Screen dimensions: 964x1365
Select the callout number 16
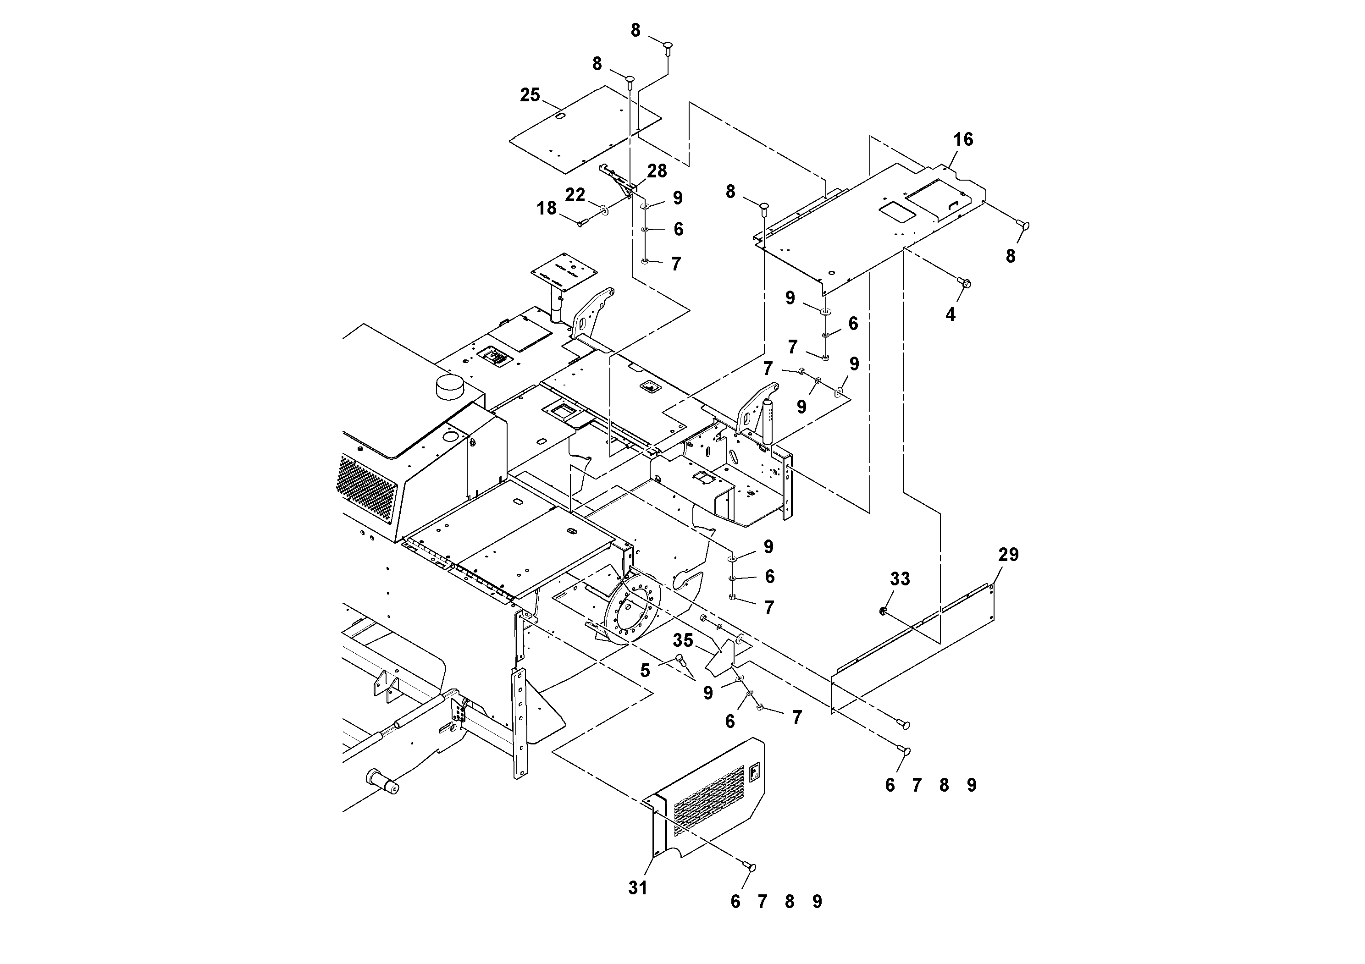click(x=963, y=140)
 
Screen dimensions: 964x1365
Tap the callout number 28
click(x=657, y=171)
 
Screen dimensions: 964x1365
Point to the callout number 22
click(x=575, y=194)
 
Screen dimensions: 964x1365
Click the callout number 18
click(x=547, y=208)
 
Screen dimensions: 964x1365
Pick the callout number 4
click(x=950, y=314)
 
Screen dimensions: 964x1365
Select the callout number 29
click(x=1008, y=555)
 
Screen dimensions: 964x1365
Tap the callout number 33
click(x=900, y=579)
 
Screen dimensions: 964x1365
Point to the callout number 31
click(x=637, y=888)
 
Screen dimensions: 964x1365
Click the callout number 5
click(x=645, y=671)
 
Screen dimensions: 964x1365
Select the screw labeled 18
click(x=582, y=222)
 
